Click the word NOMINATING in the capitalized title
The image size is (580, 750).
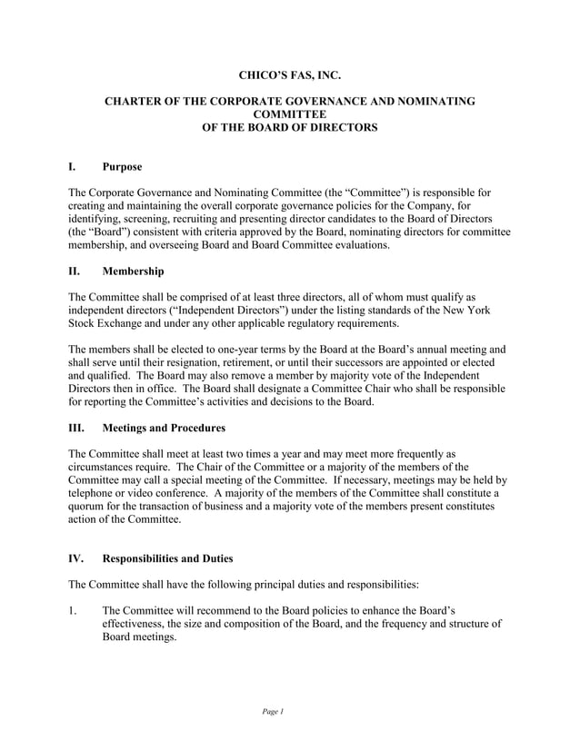pyautogui.click(x=431, y=102)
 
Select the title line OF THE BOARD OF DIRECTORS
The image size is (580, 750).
pyautogui.click(x=289, y=129)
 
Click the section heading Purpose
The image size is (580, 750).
pyautogui.click(x=122, y=167)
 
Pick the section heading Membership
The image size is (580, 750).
pyautogui.click(x=134, y=271)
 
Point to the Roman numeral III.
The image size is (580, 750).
pyautogui.click(x=77, y=428)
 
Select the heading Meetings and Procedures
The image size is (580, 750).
pyautogui.click(x=164, y=428)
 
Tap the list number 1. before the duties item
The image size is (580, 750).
pyautogui.click(x=74, y=608)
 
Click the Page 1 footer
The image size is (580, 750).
pyautogui.click(x=272, y=711)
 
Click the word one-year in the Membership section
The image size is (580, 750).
pyautogui.click(x=247, y=350)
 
